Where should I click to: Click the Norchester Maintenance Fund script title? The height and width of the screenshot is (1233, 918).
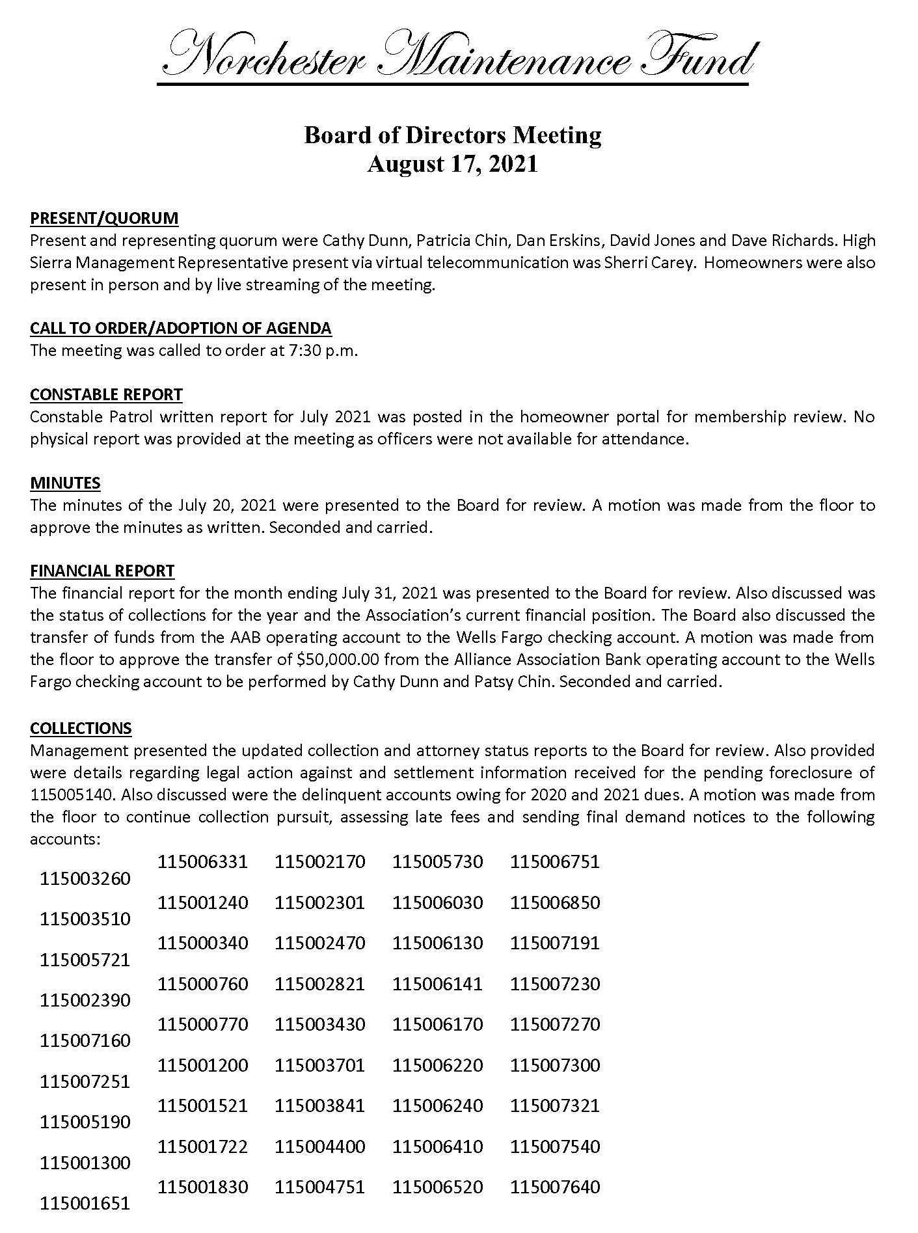(x=459, y=55)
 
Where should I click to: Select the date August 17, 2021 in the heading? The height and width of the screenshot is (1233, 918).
(x=453, y=164)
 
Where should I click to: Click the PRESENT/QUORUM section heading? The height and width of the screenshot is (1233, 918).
(x=104, y=218)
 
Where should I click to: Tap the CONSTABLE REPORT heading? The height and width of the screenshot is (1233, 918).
(x=106, y=394)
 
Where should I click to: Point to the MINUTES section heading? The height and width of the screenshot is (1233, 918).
(x=65, y=483)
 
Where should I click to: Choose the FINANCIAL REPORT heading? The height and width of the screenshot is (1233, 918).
(x=102, y=571)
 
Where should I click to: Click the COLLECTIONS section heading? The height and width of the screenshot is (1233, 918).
(x=81, y=728)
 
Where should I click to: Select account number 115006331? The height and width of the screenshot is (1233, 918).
(x=202, y=862)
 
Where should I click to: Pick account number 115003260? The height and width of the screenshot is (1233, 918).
(x=85, y=879)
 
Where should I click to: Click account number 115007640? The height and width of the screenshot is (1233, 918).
(x=555, y=1187)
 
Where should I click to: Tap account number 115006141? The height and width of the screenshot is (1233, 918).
(x=437, y=984)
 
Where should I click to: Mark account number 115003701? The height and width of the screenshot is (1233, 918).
(x=319, y=1065)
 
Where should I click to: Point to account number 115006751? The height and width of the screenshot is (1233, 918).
(x=555, y=862)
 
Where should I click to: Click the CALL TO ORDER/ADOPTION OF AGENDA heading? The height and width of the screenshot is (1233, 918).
(x=181, y=328)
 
